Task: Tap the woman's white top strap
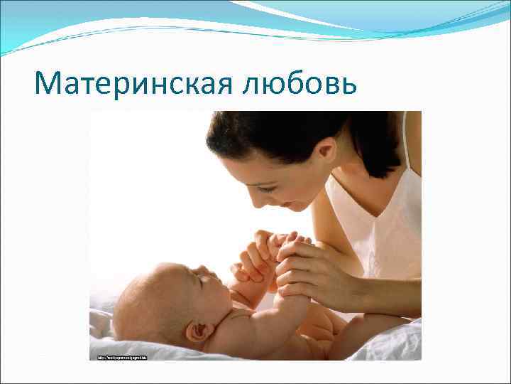coord(405,142)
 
